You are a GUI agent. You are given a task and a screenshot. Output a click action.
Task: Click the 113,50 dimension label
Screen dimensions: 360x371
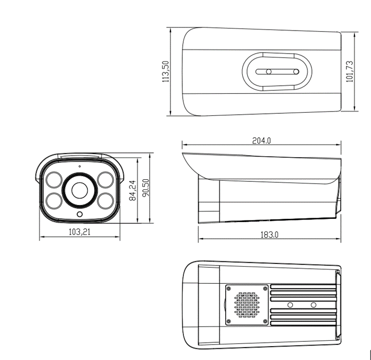166,71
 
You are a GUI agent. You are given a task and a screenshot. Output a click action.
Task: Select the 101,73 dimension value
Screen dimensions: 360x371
350,71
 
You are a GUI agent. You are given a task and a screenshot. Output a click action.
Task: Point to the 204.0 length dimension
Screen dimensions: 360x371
262,141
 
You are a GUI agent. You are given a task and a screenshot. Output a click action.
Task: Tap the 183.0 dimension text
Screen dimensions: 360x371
270,234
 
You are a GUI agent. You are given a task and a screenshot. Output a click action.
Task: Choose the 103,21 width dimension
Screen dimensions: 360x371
79,232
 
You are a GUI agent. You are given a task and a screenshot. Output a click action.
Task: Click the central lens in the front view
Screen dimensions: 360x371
79,189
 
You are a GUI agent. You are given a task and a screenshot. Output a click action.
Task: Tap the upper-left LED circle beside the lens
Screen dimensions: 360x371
54,179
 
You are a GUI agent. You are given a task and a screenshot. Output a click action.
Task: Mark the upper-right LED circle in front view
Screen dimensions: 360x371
105,179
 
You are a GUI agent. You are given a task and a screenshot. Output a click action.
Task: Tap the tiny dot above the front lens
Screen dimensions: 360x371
79,167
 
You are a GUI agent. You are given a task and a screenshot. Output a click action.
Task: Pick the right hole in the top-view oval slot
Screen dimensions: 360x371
294,71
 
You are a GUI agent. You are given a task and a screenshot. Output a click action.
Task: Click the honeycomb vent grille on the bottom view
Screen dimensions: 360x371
247,305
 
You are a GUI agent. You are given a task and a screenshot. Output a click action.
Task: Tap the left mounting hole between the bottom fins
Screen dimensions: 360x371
290,305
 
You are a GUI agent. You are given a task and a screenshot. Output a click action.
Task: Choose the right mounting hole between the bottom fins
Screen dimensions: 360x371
313,305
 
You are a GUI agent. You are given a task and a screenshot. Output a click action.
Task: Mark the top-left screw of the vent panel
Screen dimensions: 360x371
229,289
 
